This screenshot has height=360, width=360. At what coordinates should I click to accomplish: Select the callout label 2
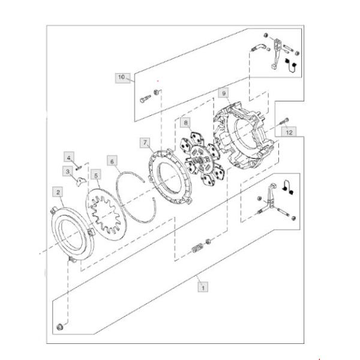click(x=58, y=193)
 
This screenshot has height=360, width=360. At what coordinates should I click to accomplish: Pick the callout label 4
click(x=69, y=158)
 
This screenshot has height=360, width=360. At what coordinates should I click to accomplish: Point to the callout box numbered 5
click(x=95, y=175)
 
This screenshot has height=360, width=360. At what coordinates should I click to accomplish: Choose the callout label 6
click(x=112, y=160)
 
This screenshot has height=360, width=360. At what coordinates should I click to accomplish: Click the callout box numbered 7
click(x=145, y=142)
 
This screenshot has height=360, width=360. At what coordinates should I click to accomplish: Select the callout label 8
click(x=186, y=123)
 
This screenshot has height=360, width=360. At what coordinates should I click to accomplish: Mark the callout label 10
click(x=122, y=77)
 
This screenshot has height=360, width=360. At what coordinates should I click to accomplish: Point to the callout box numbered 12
click(x=289, y=131)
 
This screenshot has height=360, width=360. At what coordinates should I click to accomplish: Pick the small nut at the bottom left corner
click(x=60, y=326)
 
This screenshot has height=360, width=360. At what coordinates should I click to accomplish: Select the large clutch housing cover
click(x=246, y=134)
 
